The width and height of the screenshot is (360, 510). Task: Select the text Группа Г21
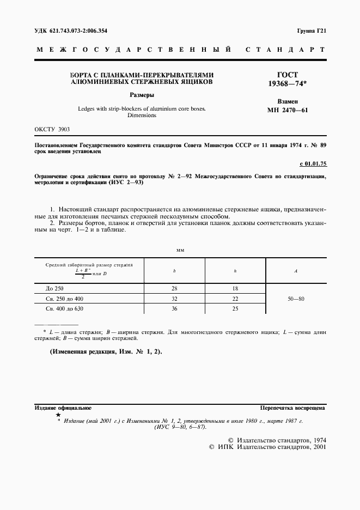pyautogui.click(x=312, y=31)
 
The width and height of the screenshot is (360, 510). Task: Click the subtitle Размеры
pyautogui.click(x=142, y=94)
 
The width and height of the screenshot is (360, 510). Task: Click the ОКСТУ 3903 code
pyautogui.click(x=52, y=130)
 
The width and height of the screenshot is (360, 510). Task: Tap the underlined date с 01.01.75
pyautogui.click(x=312, y=163)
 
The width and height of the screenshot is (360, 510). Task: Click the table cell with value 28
pyautogui.click(x=174, y=288)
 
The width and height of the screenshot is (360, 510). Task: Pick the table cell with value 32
pyautogui.click(x=174, y=299)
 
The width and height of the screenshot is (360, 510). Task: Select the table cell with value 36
pyautogui.click(x=174, y=309)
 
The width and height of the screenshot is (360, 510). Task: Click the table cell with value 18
pyautogui.click(x=235, y=288)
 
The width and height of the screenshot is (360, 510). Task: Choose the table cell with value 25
pyautogui.click(x=235, y=309)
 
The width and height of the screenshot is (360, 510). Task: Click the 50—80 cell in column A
pyautogui.click(x=295, y=299)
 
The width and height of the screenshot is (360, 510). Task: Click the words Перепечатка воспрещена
pyautogui.click(x=293, y=407)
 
